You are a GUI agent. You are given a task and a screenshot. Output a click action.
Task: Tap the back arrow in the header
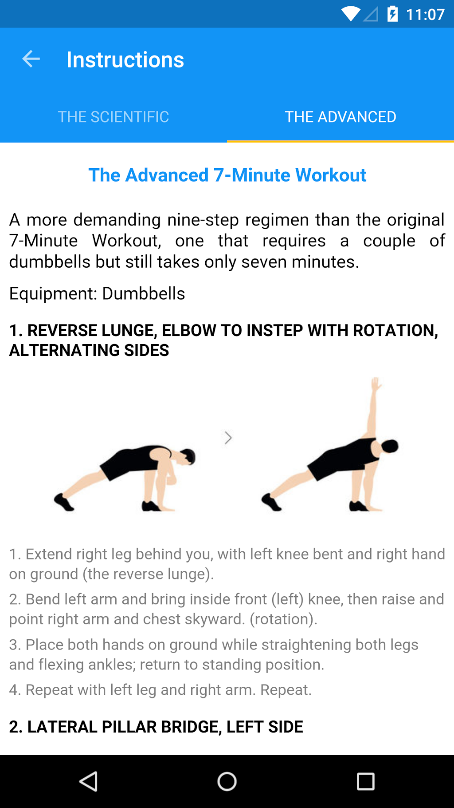coord(31,59)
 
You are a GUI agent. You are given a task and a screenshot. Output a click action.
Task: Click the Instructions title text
coord(125,60)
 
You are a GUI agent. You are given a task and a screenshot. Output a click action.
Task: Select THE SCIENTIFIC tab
coord(113,117)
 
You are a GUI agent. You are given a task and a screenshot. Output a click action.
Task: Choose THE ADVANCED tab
coord(340,117)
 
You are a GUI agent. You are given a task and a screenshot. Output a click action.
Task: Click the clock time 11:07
coord(425,15)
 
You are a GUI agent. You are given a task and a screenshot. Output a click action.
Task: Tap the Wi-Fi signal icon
coord(351,14)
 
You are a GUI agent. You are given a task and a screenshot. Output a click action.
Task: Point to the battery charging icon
coord(392,14)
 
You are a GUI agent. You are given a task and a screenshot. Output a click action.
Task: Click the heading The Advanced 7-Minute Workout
coord(227,175)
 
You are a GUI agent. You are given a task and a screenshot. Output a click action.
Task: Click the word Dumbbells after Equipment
coord(144,294)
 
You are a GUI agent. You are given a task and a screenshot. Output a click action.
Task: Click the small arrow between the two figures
coord(228,438)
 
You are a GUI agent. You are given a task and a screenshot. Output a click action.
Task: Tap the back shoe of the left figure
coord(64,502)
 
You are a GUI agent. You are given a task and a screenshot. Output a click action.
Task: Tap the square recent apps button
coord(366,781)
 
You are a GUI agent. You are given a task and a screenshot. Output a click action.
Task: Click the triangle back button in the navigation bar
coord(89,781)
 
